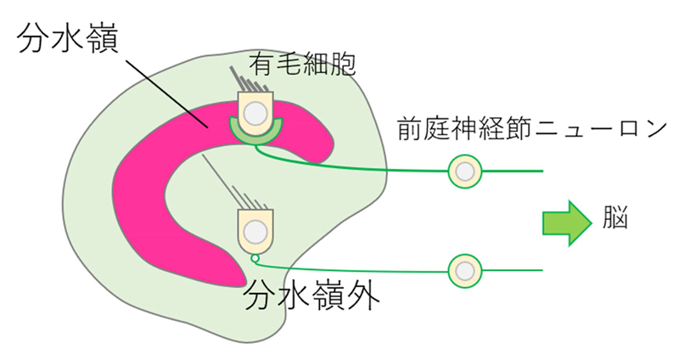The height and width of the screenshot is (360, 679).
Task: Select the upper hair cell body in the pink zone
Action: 255,111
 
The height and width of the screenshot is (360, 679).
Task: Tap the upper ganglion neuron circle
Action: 463,171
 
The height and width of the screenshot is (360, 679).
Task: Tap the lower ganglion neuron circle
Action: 463,270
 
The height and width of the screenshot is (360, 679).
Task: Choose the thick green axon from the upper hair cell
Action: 356,166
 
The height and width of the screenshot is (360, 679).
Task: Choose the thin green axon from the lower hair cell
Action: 356,268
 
